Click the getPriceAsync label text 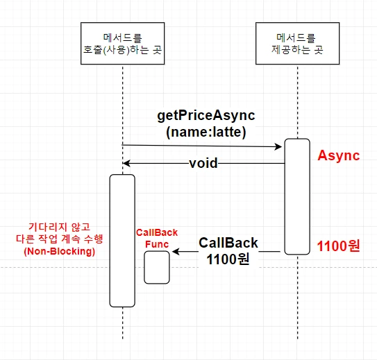pos(206,116)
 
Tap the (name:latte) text pos(206,132)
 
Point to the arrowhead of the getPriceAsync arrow pos(278,146)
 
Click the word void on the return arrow pos(203,163)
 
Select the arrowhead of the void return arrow pos(126,163)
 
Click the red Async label pos(339,155)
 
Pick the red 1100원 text pos(338,246)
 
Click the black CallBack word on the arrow pos(228,243)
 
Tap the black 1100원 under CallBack pos(228,259)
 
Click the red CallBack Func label pos(157,238)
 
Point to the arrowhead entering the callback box pos(176,252)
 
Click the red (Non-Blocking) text pos(60,252)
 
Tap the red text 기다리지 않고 pos(59,227)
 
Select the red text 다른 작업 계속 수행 pos(60,239)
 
